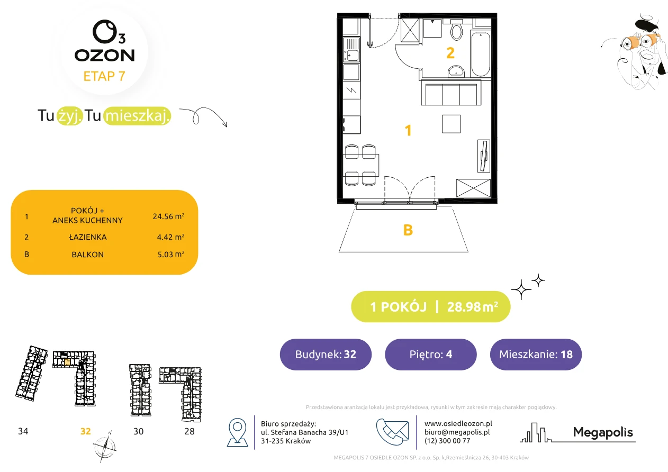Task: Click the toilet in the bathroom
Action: click(456, 30)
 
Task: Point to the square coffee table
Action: click(451, 124)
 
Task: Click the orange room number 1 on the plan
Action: click(408, 131)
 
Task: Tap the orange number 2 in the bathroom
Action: click(450, 53)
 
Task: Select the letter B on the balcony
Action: click(408, 230)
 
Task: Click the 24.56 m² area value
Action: click(168, 216)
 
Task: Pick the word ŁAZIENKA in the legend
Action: click(88, 237)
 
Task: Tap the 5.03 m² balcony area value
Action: click(171, 254)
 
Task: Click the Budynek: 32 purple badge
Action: click(326, 354)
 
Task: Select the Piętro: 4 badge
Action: click(431, 354)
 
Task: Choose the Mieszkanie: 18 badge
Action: click(536, 354)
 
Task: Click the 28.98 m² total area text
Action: click(472, 307)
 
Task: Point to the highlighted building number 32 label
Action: click(86, 431)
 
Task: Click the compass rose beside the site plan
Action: click(104, 447)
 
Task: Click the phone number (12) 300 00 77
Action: click(447, 441)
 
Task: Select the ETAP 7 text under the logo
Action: click(104, 76)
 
